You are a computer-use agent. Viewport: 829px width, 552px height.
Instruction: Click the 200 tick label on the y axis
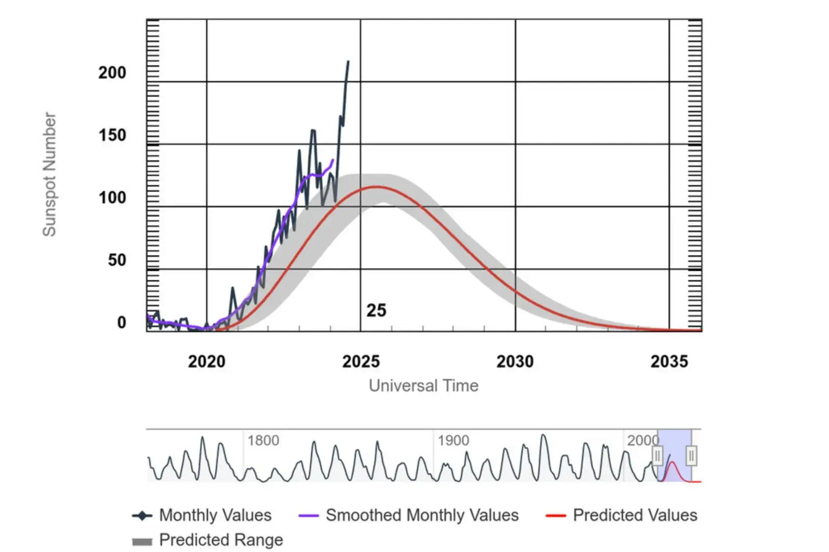pyautogui.click(x=112, y=73)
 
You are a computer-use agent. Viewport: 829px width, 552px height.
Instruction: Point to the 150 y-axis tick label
pyautogui.click(x=112, y=136)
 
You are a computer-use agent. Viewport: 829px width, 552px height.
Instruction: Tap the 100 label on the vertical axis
pyautogui.click(x=112, y=198)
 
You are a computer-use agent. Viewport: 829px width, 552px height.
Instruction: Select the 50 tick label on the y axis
pyautogui.click(x=117, y=260)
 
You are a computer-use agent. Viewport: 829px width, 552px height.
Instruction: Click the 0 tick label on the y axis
pyautogui.click(x=121, y=323)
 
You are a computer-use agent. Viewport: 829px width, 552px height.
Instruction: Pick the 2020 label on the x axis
pyautogui.click(x=206, y=361)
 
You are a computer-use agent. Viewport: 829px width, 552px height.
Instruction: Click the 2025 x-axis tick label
pyautogui.click(x=361, y=361)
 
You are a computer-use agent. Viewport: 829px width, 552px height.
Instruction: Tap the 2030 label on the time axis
pyautogui.click(x=514, y=361)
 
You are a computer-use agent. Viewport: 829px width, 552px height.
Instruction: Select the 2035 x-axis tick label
pyautogui.click(x=669, y=361)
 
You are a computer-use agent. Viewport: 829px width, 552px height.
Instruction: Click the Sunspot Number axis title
pyautogui.click(x=49, y=175)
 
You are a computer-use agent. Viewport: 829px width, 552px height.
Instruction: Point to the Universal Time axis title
pyautogui.click(x=423, y=386)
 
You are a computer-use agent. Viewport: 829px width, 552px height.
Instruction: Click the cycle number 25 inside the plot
pyautogui.click(x=376, y=311)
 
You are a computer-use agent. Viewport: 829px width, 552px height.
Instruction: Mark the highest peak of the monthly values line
pyautogui.click(x=348, y=62)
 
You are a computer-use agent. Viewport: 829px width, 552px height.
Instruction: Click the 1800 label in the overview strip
pyautogui.click(x=263, y=441)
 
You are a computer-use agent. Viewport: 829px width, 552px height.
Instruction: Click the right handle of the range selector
pyautogui.click(x=691, y=456)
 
